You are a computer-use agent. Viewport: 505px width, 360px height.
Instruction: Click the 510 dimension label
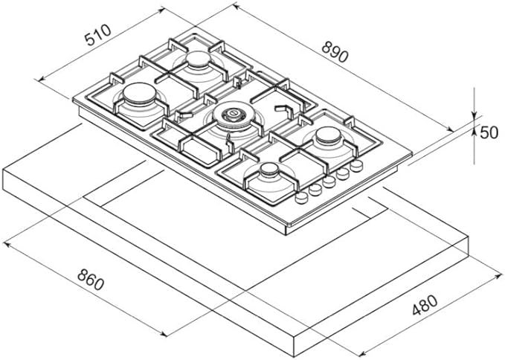point(97,34)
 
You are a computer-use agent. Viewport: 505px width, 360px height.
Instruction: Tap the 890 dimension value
point(335,52)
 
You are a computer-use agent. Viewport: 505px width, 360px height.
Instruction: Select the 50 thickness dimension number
point(489,132)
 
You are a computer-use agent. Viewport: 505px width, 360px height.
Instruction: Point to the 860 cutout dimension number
point(91,280)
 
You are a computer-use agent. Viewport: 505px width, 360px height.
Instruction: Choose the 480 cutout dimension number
point(425,305)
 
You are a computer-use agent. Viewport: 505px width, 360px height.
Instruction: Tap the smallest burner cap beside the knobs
point(269,169)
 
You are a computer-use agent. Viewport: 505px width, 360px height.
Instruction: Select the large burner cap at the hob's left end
point(140,93)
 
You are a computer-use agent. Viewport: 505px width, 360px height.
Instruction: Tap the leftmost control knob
point(301,197)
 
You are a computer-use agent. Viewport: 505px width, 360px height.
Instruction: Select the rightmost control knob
point(356,166)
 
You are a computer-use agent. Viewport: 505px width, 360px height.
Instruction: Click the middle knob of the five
point(329,181)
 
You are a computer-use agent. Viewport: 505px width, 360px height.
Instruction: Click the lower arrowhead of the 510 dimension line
point(42,79)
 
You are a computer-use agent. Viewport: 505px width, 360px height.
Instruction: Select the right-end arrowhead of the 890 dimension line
point(450,129)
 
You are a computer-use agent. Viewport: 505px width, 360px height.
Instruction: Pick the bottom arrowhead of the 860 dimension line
point(164,334)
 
